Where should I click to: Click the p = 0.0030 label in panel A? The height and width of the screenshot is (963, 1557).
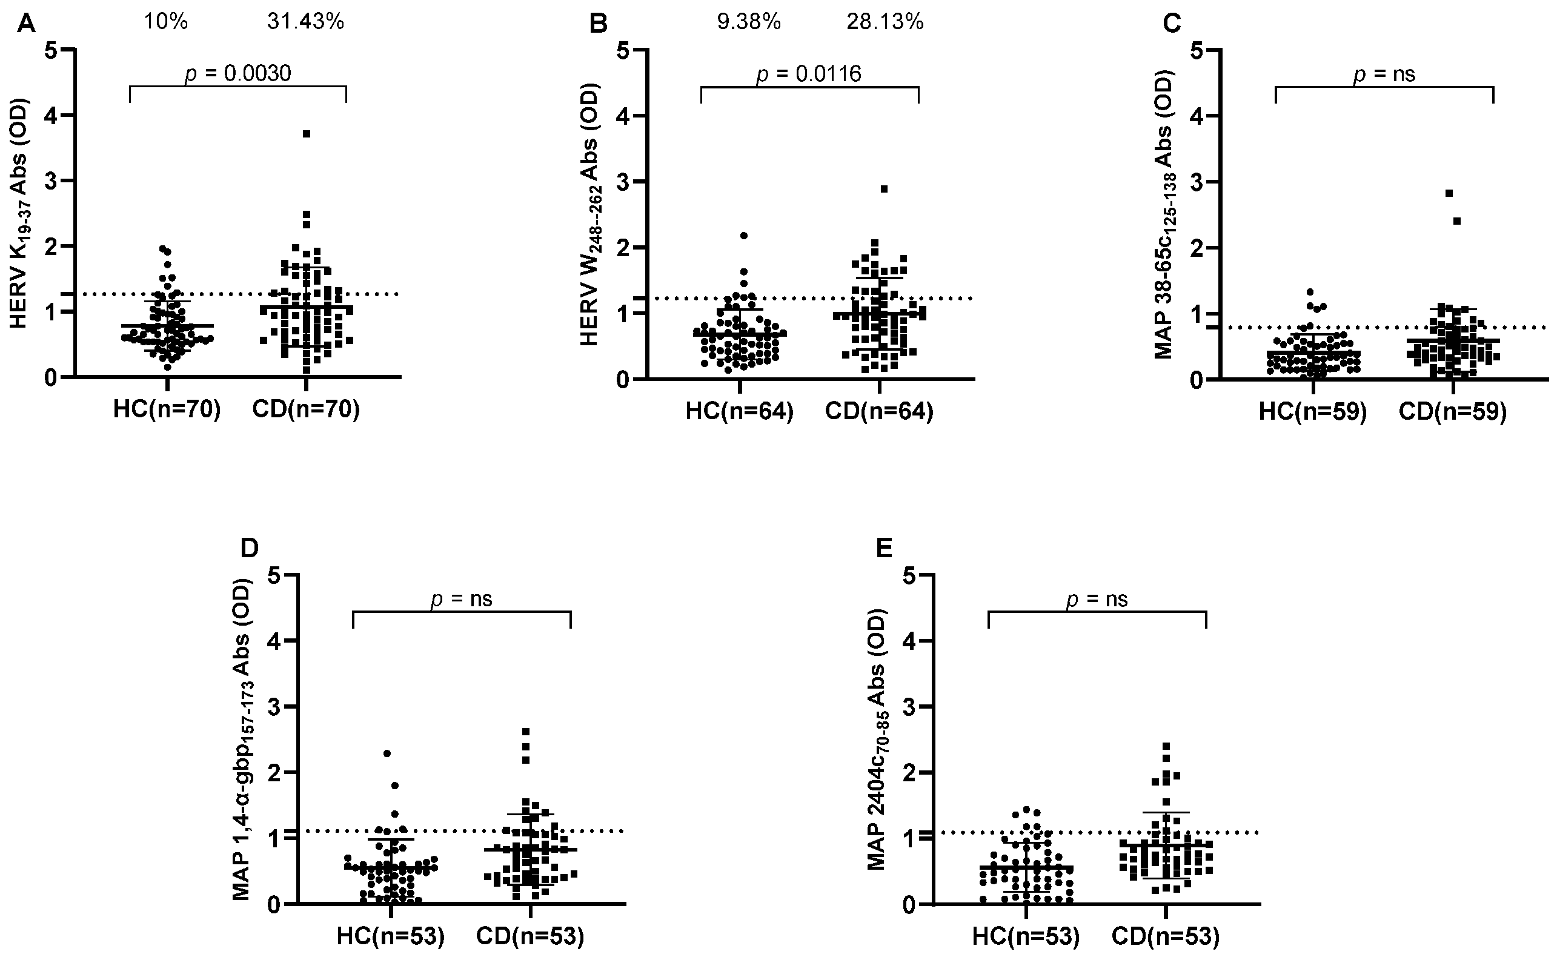point(237,74)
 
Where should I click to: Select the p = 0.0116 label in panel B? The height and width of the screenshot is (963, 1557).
point(808,74)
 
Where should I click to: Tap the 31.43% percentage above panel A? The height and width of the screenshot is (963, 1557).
point(305,22)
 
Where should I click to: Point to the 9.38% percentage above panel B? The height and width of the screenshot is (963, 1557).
point(749,22)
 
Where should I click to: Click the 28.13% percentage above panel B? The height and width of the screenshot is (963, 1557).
point(885,22)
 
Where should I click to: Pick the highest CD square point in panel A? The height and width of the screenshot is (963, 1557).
point(307,134)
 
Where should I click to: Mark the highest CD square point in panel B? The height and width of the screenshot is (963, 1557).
point(885,189)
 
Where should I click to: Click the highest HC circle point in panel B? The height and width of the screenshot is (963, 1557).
point(743,236)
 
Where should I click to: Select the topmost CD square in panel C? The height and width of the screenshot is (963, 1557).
point(1449,193)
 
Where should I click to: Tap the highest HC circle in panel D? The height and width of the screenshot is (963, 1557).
point(387,753)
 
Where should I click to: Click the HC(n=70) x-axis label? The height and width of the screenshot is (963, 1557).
point(167,410)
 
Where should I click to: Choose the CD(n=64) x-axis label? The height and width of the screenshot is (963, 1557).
point(879,412)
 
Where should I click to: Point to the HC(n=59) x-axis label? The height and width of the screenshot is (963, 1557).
point(1312,412)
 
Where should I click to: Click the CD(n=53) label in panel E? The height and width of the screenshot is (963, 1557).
point(1165,937)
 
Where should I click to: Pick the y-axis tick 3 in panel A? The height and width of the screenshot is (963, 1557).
point(51,181)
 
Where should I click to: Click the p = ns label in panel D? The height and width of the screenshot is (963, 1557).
point(461,600)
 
